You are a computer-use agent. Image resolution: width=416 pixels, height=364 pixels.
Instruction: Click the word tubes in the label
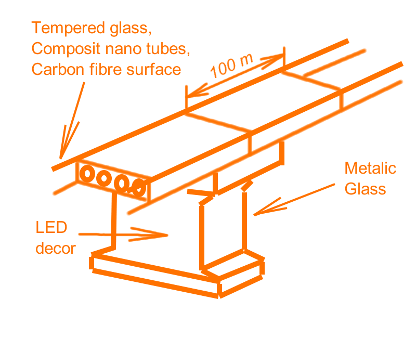click(x=169, y=49)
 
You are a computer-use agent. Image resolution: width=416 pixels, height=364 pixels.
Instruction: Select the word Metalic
click(x=370, y=168)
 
